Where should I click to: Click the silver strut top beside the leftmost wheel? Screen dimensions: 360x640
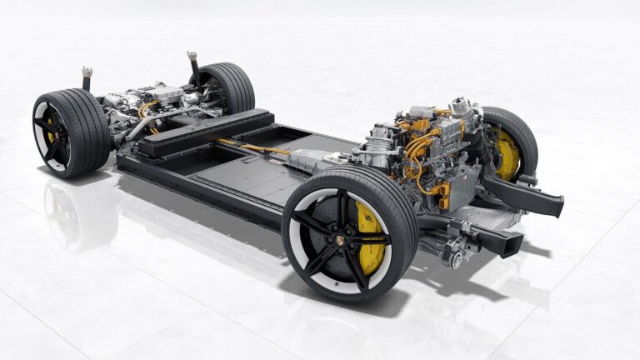[x=87, y=73]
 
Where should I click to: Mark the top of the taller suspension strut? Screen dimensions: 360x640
[x=192, y=57]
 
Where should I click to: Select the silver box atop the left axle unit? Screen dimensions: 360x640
[x=167, y=92]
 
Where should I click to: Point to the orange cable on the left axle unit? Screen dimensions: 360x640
[x=148, y=108]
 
